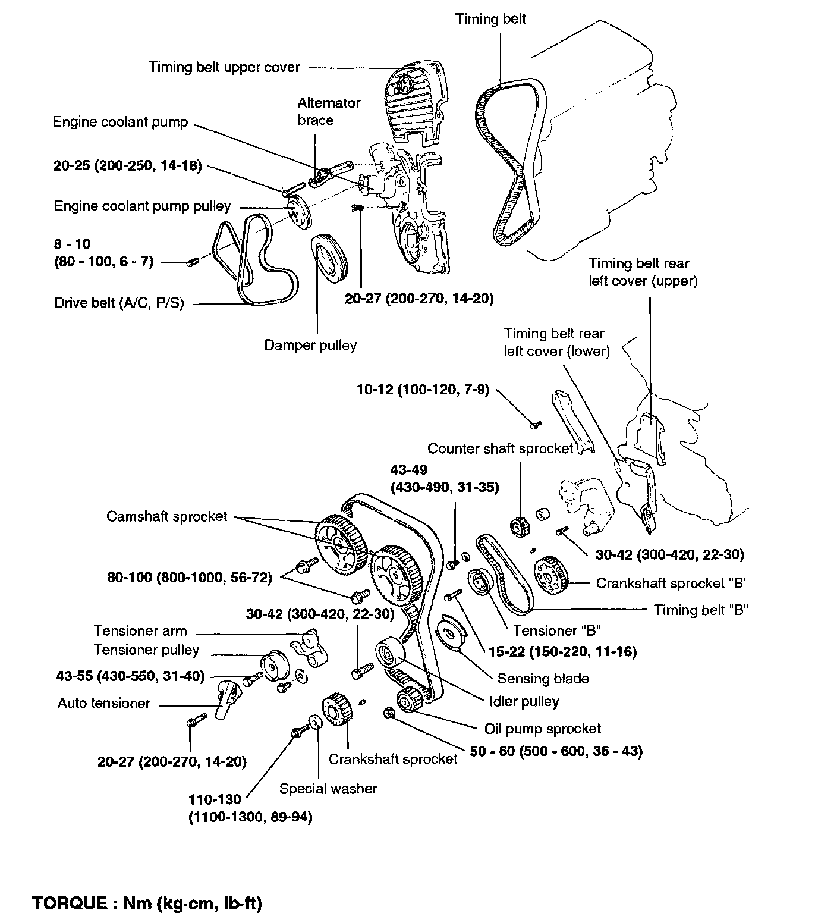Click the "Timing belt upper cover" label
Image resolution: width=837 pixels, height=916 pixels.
(x=224, y=67)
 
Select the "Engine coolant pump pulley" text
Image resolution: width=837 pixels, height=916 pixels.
(x=142, y=206)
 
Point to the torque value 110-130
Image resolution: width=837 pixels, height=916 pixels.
(x=215, y=800)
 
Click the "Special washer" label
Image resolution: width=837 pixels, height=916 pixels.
(x=328, y=789)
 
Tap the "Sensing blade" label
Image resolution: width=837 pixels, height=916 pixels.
(x=543, y=679)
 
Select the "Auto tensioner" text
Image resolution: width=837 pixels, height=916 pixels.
(x=104, y=704)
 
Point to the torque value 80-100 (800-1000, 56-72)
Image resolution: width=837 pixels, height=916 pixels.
(x=189, y=578)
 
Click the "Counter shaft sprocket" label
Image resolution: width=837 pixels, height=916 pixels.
(x=500, y=448)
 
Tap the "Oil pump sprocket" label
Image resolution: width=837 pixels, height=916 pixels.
(x=543, y=729)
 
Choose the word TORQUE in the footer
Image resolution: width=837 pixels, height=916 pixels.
(x=67, y=904)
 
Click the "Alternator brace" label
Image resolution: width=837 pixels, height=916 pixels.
(x=329, y=111)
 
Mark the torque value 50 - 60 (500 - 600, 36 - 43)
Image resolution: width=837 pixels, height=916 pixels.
(x=556, y=752)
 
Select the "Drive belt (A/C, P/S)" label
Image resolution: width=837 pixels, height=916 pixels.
(x=119, y=303)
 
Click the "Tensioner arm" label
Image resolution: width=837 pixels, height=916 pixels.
(x=140, y=630)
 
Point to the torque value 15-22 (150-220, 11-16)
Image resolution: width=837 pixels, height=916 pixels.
(x=562, y=653)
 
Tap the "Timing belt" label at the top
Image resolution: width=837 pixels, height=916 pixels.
(x=490, y=19)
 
